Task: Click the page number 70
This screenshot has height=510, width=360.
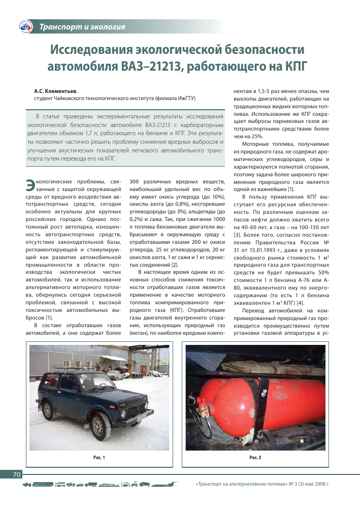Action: pos(16,474)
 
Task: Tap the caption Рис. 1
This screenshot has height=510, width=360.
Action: pos(99,458)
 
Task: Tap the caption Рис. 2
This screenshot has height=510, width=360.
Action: pos(255,458)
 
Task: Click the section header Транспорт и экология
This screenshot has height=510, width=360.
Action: pos(82,26)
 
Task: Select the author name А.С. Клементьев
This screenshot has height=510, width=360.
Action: pos(55,91)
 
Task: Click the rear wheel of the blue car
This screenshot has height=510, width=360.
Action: pos(48,409)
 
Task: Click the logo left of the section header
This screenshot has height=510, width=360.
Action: pos(25,27)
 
